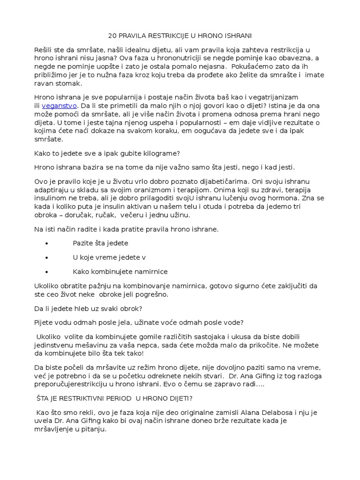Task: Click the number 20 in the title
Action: pos(112,36)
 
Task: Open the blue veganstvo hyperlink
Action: pos(59,106)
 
